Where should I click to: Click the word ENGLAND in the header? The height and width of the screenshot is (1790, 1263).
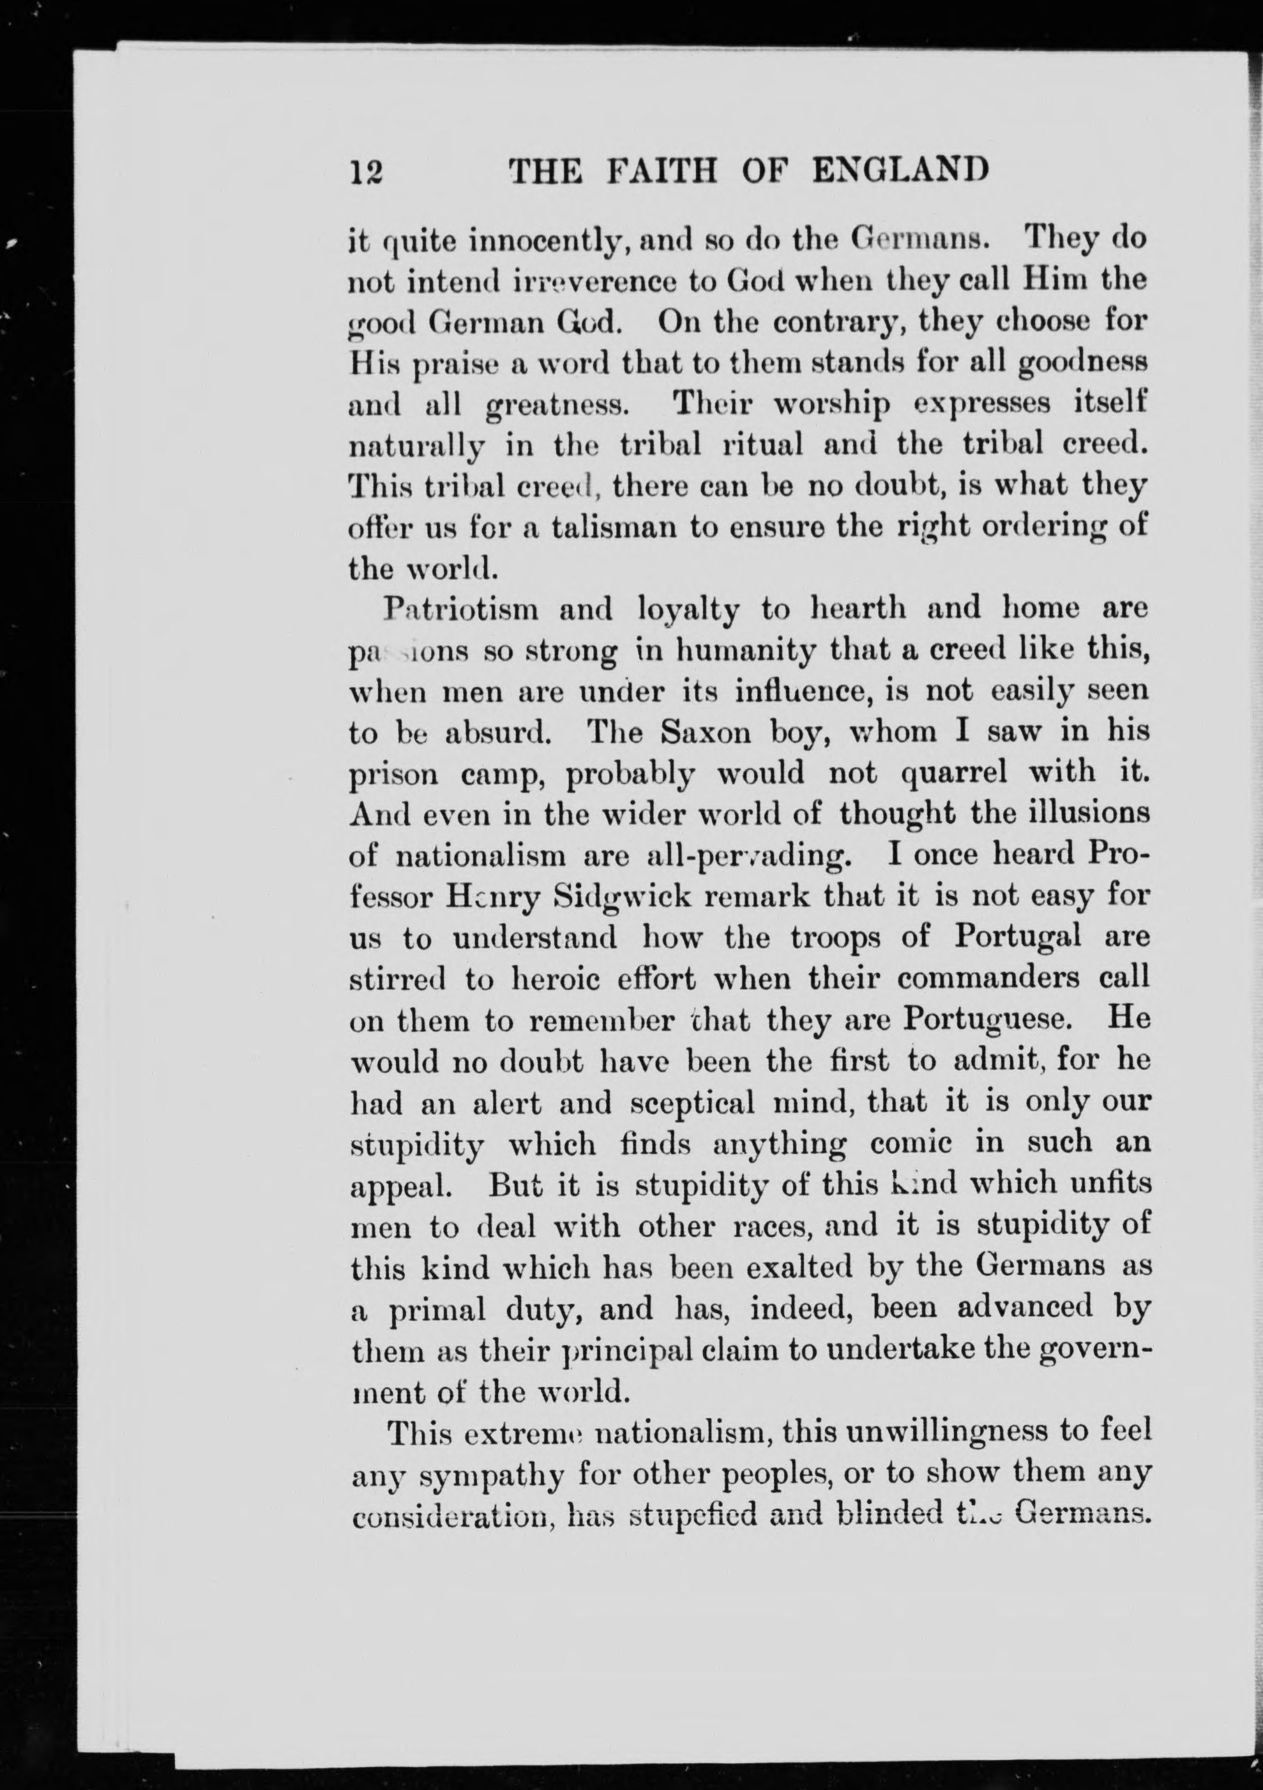pyautogui.click(x=900, y=170)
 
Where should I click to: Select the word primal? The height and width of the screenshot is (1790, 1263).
pyautogui.click(x=437, y=1310)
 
